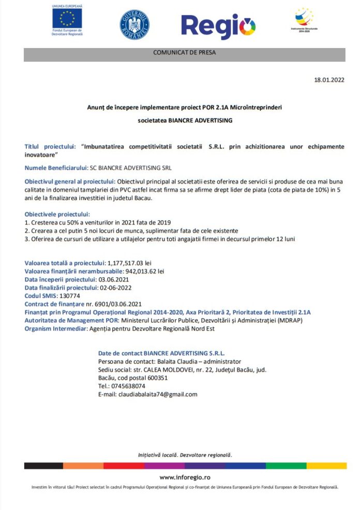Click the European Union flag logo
(67, 18)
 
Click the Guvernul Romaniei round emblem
(134, 23)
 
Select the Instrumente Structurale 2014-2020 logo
(304, 19)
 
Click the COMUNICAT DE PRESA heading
(184, 53)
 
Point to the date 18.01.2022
(329, 80)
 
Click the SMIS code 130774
(70, 296)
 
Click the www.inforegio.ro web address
(185, 477)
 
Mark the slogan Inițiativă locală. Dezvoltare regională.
(185, 455)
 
